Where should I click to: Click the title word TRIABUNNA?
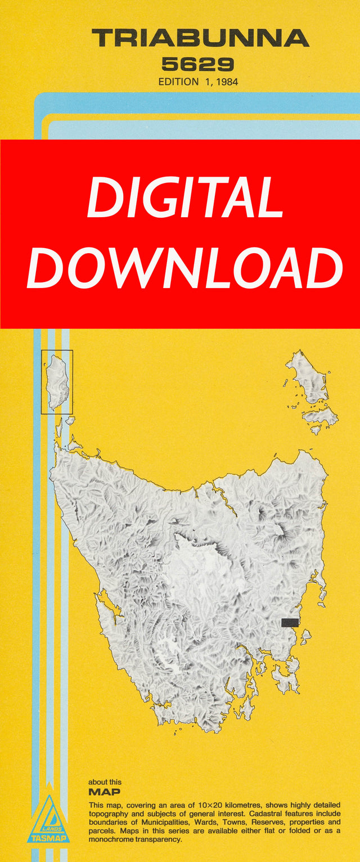point(200,39)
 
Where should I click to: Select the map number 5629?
point(197,64)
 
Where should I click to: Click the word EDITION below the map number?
point(178,82)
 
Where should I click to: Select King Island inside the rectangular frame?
point(57,382)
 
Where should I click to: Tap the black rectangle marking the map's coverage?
point(290,622)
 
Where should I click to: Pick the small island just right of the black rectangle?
point(305,636)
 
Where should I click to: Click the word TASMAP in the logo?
point(48,838)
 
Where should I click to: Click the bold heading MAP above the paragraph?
point(104,792)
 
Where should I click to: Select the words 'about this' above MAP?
point(105,782)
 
